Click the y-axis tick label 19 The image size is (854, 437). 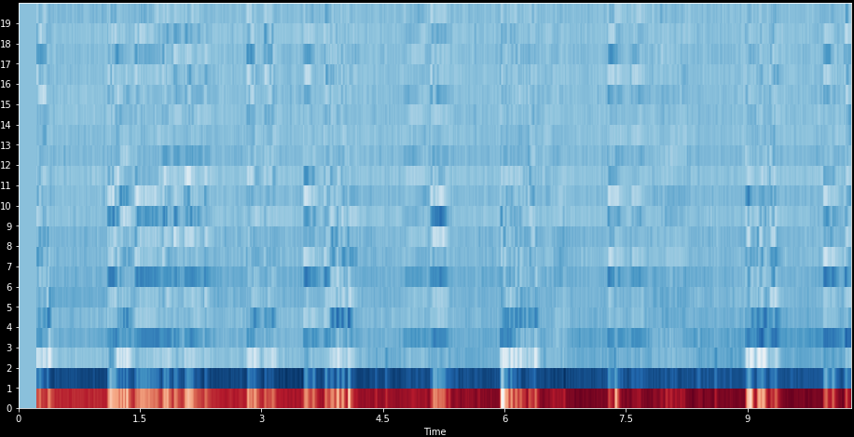tap(7, 23)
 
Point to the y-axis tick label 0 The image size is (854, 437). tap(8, 408)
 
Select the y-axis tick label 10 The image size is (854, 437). tap(7, 206)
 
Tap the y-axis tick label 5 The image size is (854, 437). tap(8, 307)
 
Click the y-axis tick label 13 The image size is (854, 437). tap(7, 145)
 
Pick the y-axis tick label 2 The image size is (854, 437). tap(8, 368)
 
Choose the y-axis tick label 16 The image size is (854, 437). tap(7, 85)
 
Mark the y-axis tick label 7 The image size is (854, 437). tap(8, 266)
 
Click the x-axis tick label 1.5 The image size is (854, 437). tap(140, 418)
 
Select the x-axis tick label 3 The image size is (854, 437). tap(262, 418)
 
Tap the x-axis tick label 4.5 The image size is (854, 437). tap(383, 418)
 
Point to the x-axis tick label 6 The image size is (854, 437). tap(504, 418)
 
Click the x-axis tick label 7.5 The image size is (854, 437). tap(626, 418)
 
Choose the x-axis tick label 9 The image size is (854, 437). tap(747, 418)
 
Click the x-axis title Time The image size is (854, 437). tap(434, 430)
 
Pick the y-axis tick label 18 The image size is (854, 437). tap(7, 44)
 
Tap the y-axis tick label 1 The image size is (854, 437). tap(8, 389)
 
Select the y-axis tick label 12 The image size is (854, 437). tap(7, 166)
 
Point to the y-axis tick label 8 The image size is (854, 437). tap(8, 247)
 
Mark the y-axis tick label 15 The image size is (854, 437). tap(7, 104)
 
